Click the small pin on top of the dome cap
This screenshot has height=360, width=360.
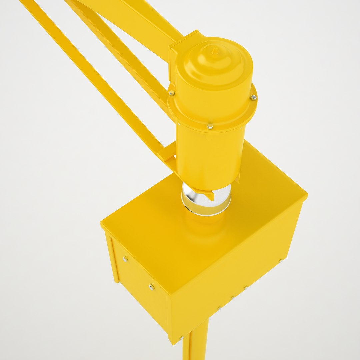click(x=215, y=50)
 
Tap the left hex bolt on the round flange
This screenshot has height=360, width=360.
click(x=171, y=93)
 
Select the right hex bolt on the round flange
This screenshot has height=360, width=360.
click(x=253, y=97)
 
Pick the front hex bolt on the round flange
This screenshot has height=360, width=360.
click(x=210, y=126)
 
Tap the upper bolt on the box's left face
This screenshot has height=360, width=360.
click(x=125, y=259)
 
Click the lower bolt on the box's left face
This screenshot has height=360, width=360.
click(x=152, y=287)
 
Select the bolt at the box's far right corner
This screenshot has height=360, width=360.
click(x=281, y=261)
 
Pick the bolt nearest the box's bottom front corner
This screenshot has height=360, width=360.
click(x=182, y=338)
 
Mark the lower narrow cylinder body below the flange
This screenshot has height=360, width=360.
click(x=208, y=157)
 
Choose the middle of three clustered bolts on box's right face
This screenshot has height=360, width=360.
click(x=233, y=298)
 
